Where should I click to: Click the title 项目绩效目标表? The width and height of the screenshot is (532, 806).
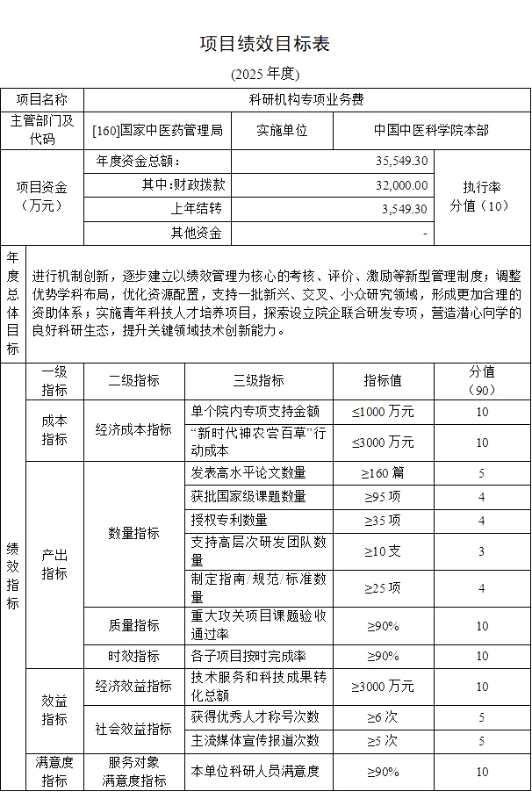click(x=265, y=44)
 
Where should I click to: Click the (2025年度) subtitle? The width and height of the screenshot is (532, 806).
click(x=265, y=73)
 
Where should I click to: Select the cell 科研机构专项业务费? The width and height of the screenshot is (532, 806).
click(x=306, y=100)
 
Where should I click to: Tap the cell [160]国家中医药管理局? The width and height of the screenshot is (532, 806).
click(x=157, y=131)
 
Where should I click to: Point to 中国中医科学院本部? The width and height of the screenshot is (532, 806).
click(x=431, y=131)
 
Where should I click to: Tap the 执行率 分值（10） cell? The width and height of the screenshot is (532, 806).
click(x=481, y=197)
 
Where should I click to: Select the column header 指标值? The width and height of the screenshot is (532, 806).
click(x=383, y=381)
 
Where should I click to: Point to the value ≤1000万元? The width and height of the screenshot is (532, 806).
click(x=383, y=412)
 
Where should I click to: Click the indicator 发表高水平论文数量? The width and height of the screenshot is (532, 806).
click(x=248, y=473)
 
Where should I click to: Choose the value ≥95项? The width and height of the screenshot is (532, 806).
click(x=383, y=497)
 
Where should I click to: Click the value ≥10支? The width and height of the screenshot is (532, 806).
click(x=383, y=551)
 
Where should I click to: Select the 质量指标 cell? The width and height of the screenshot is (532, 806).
click(x=133, y=625)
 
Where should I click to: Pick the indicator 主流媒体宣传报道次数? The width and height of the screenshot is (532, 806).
click(x=255, y=741)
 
